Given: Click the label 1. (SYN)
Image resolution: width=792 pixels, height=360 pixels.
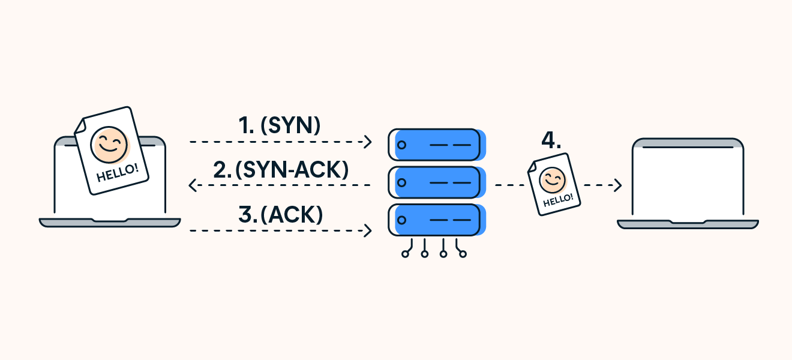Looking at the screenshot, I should coord(280,125).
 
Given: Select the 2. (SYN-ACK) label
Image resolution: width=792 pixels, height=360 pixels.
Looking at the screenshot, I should coord(281,170).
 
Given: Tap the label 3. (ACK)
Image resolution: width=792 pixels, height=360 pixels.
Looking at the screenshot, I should coord(281,214).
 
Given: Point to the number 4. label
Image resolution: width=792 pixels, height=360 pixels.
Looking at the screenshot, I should coord(551,140).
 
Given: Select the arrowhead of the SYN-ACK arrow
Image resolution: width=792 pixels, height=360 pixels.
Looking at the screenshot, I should coord(193,186).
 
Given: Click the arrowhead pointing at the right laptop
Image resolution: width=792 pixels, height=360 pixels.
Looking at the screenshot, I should coord(618,185).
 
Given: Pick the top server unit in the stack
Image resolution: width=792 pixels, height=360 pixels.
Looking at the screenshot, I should coord(436,145).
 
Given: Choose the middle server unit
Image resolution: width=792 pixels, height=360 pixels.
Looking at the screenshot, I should coord(436,182).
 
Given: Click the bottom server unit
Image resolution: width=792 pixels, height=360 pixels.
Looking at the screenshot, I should coord(436,220).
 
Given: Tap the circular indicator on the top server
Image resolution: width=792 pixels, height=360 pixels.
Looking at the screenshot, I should coord(402,145).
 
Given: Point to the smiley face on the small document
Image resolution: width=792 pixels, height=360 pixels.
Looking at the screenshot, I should coord(552,179).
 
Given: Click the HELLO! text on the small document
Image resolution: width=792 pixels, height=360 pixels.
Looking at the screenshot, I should coord(558,199).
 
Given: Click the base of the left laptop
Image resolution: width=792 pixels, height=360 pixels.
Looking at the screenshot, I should coord(110,223).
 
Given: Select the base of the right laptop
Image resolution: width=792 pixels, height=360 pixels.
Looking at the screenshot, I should coord(688,224).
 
